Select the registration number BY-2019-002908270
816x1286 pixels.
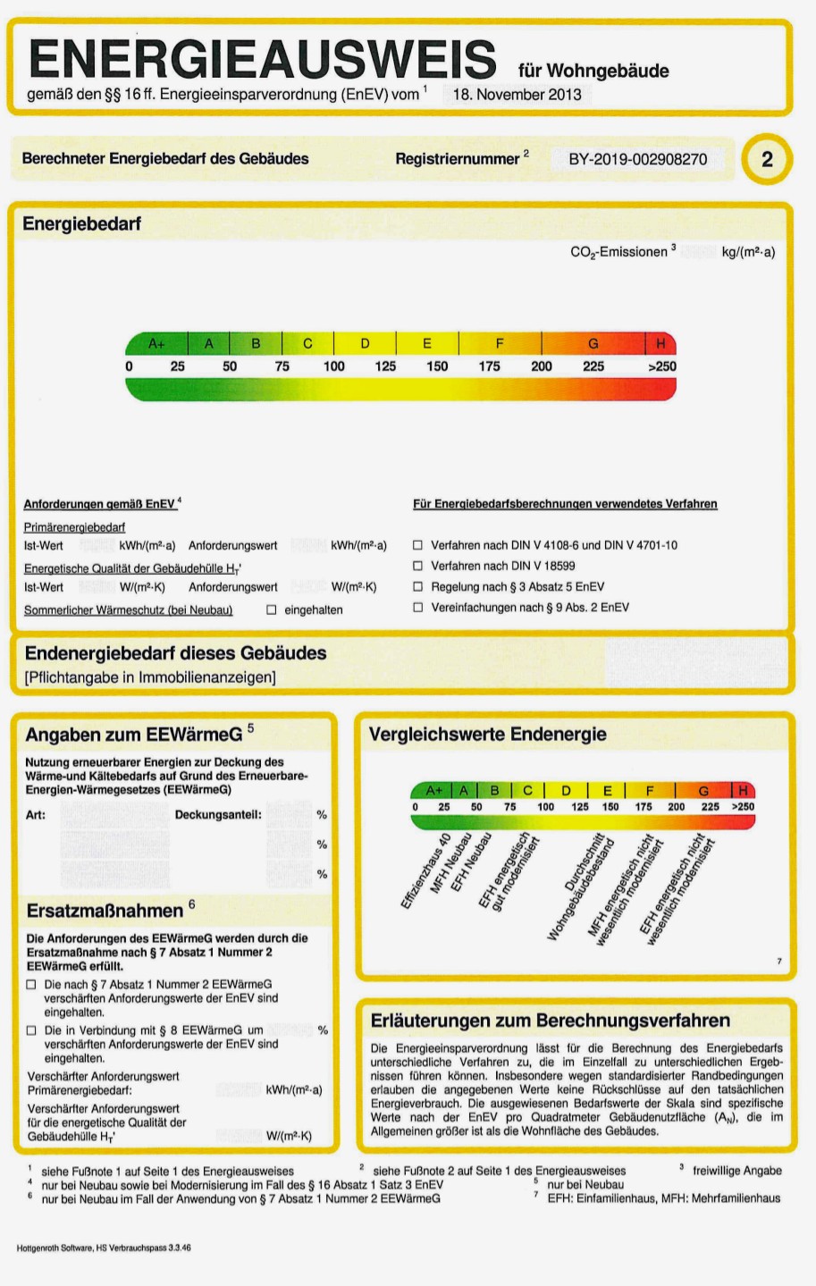tap(637, 159)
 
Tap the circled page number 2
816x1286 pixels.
tap(766, 159)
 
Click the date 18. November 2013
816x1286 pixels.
tap(517, 94)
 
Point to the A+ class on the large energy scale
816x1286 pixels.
tap(157, 343)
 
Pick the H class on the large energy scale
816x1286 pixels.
tap(660, 343)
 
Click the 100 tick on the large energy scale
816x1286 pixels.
tap(333, 366)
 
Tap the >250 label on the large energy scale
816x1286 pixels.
tap(662, 366)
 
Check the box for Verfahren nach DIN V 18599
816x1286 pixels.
tap(417, 566)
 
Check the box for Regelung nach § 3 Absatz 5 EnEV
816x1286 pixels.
tap(417, 587)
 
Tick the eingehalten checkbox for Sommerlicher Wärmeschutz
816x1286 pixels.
tap(272, 610)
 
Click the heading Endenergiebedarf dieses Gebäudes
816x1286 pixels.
tap(175, 653)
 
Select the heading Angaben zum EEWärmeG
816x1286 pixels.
tap(134, 735)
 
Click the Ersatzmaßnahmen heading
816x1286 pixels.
tap(105, 911)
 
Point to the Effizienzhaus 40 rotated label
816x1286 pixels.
tap(425, 872)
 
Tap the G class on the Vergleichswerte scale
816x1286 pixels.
tap(703, 791)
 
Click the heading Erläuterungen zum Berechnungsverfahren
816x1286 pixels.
tap(550, 1021)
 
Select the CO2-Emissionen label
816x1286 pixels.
tap(618, 252)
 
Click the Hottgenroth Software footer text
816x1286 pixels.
tap(103, 1247)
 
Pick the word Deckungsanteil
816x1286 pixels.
tap(218, 815)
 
